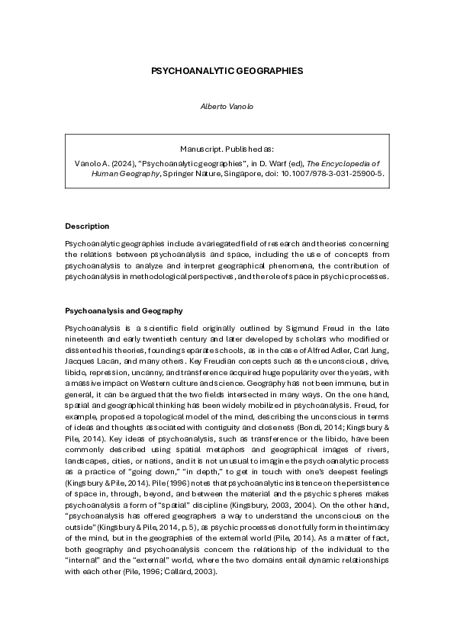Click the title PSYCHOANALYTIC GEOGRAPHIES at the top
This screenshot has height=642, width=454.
[227, 70]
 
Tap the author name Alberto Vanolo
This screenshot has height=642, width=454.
[227, 106]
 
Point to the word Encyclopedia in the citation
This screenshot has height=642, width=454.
[353, 163]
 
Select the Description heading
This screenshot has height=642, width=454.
[87, 226]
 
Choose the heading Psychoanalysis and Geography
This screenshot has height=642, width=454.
[124, 311]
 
